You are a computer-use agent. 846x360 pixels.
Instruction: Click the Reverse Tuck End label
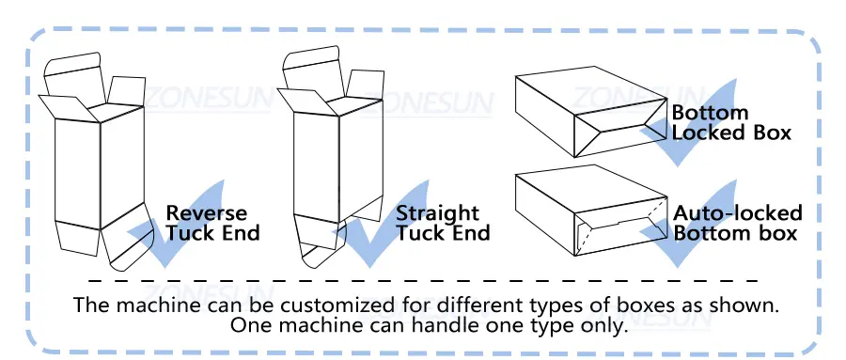(212, 223)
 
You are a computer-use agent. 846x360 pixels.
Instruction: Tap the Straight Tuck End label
(443, 223)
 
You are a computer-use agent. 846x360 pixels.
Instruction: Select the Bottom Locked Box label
(731, 122)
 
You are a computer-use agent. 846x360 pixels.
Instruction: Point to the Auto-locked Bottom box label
(738, 223)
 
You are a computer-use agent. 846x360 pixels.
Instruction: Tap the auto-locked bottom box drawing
(591, 211)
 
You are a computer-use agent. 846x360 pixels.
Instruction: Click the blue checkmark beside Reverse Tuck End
(176, 227)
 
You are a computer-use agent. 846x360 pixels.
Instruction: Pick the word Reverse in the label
(206, 213)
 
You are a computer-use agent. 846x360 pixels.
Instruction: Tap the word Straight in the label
(437, 214)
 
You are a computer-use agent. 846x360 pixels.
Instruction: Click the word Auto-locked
(738, 213)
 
